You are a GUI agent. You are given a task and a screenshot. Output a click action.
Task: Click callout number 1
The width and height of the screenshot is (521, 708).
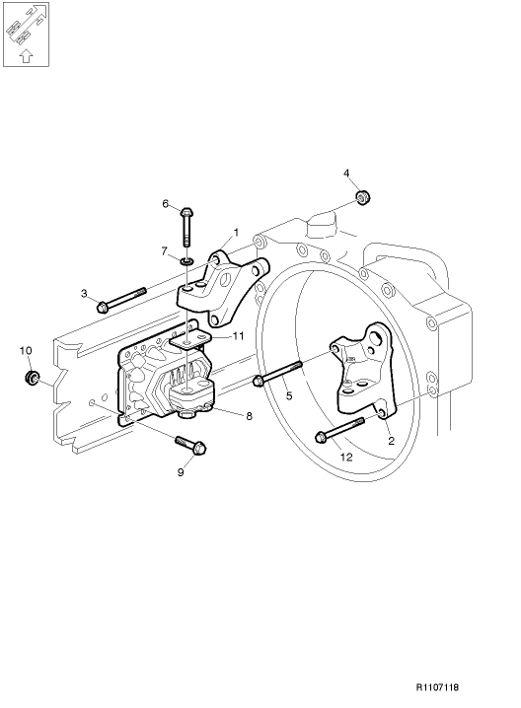[237, 233]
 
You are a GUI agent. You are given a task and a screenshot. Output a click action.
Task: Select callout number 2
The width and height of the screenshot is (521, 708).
[391, 441]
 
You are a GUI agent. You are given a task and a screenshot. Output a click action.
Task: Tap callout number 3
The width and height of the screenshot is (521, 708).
[84, 293]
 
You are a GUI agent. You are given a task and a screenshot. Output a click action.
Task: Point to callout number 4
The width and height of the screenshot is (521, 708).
[346, 174]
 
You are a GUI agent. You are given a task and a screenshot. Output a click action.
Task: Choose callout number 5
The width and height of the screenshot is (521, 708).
[289, 395]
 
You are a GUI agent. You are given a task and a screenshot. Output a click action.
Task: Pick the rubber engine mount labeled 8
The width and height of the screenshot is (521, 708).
[191, 394]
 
